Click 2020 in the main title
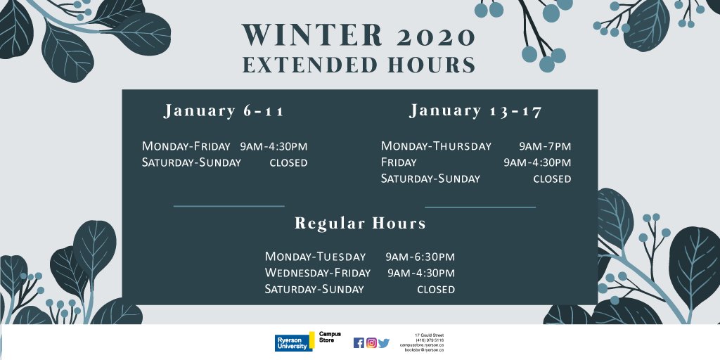coord(435,35)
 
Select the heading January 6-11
coord(224,111)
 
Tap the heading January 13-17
coord(476,111)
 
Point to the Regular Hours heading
coord(360,224)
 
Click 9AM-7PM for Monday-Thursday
coord(545,146)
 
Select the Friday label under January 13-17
coord(399,162)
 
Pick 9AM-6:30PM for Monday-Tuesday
coord(420,257)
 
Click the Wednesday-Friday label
coord(317,273)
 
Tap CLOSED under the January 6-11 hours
coord(288,162)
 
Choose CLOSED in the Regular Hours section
coord(436,289)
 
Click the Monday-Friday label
coord(186,146)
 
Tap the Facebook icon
coord(359,343)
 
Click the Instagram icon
coord(371,343)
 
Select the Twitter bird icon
coord(383,343)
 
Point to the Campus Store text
coord(330,337)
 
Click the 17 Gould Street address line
coord(429,335)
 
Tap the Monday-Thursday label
coord(436,146)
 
